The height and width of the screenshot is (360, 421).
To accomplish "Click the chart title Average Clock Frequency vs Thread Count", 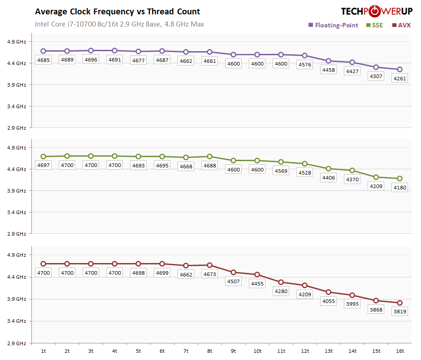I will point(117,12).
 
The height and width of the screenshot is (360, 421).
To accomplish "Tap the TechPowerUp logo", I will point(377,11).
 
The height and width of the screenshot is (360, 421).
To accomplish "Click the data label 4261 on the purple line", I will point(399,79).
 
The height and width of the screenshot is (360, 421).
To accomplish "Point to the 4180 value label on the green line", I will point(399,188).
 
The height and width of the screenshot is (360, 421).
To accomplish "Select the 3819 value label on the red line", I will point(399,312).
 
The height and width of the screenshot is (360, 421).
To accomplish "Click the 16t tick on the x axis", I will point(399,351).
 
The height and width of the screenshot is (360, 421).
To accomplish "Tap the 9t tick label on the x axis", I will point(234,351).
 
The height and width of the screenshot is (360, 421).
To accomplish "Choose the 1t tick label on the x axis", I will point(43,351).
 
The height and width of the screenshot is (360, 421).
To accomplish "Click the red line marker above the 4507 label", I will point(234,272).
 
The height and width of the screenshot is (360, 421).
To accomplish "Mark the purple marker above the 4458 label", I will point(329,61).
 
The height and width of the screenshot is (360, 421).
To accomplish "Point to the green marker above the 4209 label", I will point(376,177).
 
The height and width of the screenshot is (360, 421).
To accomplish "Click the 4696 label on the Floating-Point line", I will point(91,60).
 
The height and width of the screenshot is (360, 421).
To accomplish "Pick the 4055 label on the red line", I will point(329,301).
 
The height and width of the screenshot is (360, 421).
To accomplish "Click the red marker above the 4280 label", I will point(281,282).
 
